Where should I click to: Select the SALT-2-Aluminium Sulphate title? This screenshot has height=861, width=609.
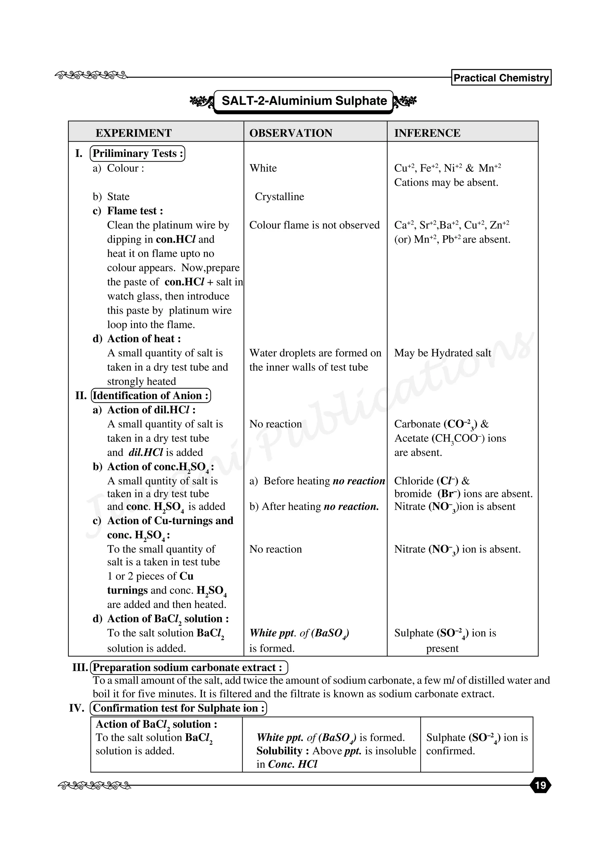[304, 101]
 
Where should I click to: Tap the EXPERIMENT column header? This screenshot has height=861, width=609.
[134, 133]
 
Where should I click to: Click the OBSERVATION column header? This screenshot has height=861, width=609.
[291, 133]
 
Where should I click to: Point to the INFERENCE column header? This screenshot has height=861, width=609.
[427, 133]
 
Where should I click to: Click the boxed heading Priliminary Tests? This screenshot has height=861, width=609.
[138, 153]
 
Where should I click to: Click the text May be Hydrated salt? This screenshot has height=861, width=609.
[442, 353]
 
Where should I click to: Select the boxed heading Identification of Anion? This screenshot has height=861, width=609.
[150, 396]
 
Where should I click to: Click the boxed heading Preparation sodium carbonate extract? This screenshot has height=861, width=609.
[189, 668]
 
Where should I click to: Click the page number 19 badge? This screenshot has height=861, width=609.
[540, 785]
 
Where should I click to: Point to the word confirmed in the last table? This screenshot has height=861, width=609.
[450, 751]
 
